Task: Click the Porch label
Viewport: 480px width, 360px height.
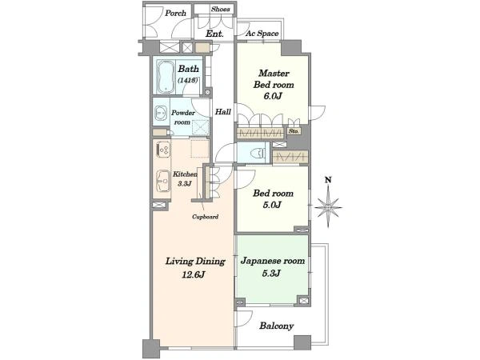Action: pos(176,13)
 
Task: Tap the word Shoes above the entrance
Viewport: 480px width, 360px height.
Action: pos(221,9)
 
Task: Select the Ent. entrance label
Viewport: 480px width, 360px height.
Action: pos(214,34)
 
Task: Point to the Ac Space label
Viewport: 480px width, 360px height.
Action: pos(262,34)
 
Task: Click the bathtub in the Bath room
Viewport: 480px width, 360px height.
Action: pos(166,77)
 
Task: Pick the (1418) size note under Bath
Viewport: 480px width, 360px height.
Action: pos(188,80)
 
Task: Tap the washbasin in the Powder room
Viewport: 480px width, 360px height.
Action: pos(160,114)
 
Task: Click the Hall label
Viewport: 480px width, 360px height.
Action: pos(223,112)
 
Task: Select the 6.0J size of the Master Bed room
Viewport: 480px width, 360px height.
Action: pos(273,96)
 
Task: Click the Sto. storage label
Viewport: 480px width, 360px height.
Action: pos(294,131)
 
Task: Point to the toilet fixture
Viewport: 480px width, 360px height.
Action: pos(257,153)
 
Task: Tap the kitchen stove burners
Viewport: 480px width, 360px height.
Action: pos(163,150)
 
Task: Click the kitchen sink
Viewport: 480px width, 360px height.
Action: pos(163,182)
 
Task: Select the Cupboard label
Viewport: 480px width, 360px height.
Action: pos(205,217)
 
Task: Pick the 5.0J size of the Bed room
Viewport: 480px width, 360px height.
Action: pos(272,205)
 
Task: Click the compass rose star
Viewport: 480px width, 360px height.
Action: pos(328,207)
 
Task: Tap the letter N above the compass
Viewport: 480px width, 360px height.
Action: pos(328,180)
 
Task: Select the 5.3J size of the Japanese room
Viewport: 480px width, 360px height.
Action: pos(271,273)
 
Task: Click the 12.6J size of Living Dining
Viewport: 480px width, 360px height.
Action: pos(193,274)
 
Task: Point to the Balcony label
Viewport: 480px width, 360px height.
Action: pos(277,326)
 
